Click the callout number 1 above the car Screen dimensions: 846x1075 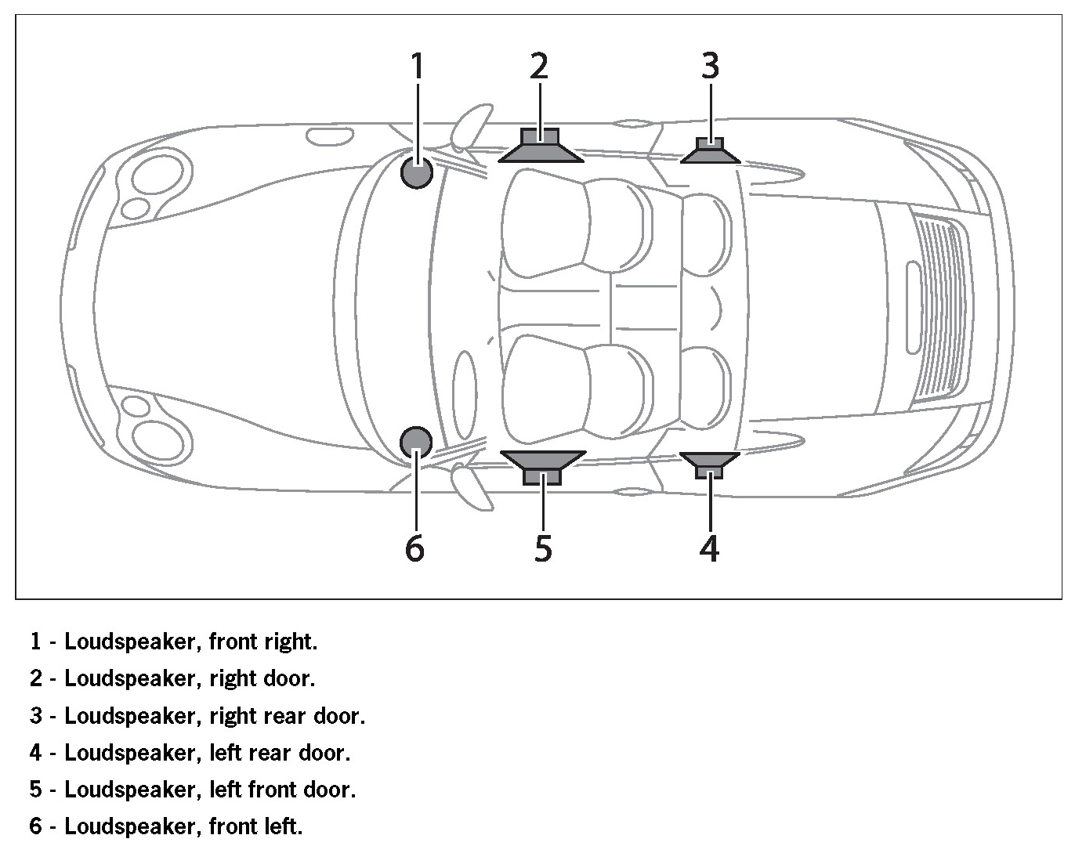[418, 66]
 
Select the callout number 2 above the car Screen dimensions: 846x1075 [539, 66]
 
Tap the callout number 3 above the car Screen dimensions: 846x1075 [710, 66]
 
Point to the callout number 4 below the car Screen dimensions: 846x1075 [709, 548]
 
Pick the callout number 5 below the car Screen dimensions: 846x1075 [543, 548]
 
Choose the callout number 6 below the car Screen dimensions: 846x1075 [415, 548]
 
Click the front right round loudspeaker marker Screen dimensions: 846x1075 [416, 172]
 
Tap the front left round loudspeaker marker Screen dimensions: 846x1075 [415, 442]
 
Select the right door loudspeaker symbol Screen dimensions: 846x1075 [541, 146]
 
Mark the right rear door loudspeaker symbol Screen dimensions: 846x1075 [710, 150]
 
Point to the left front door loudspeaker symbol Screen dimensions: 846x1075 [542, 466]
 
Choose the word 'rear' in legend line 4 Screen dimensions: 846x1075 [271, 753]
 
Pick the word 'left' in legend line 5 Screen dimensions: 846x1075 [226, 790]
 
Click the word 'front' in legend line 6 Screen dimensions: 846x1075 [237, 826]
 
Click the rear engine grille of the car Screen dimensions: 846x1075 [939, 306]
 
